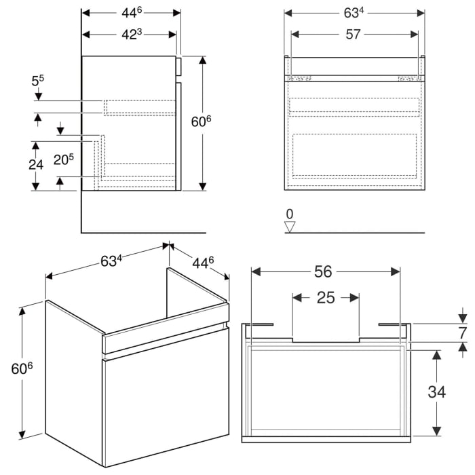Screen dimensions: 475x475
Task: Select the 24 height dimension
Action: coord(37,165)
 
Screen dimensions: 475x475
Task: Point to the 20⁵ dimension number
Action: coord(63,161)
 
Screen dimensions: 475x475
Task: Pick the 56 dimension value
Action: coord(324,271)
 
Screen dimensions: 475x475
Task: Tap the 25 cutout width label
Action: coord(326,298)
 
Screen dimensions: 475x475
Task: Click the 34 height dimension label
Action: coord(438,392)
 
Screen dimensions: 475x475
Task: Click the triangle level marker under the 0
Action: coord(290,227)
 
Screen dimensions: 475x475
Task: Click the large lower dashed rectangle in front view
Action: coord(354,155)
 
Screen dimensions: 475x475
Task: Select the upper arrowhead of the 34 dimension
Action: coord(437,356)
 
